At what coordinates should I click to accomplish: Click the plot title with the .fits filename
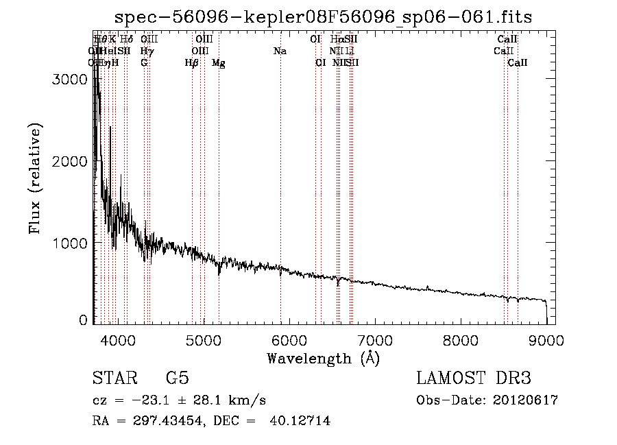323,16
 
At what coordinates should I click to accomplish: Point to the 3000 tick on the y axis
70,80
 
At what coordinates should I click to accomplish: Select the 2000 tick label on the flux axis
70,161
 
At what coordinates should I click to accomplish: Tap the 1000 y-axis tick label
70,243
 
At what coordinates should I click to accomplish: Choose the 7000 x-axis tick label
375,340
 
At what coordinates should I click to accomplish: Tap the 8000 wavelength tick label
461,340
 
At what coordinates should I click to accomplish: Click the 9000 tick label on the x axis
546,340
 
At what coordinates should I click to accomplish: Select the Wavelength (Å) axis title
323,358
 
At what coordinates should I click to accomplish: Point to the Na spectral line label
280,51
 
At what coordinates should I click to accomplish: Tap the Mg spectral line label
218,63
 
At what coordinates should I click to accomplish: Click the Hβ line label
192,63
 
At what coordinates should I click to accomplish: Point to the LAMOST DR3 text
474,378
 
